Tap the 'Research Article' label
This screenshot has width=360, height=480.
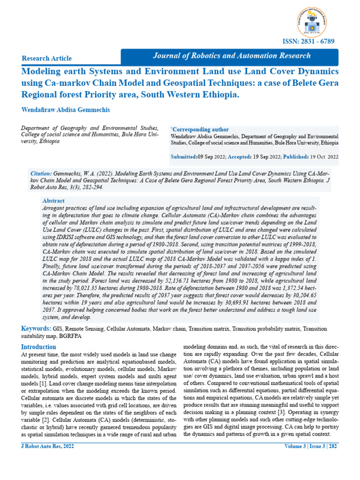coord(47,58)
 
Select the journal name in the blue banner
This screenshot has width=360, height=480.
coord(232,56)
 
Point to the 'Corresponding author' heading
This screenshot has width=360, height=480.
coord(200,129)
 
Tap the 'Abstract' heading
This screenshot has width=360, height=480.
coord(53,200)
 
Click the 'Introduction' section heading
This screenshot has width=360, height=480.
coord(39,347)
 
